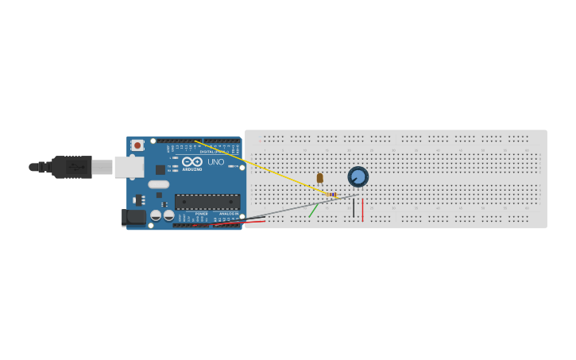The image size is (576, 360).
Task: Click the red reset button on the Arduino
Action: tap(137, 145)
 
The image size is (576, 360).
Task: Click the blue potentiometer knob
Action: tap(358, 176)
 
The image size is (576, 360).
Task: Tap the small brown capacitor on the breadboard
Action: tap(320, 178)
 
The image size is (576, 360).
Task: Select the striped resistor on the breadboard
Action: tap(332, 195)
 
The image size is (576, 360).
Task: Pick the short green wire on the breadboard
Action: tap(314, 210)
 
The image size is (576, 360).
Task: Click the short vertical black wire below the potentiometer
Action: tap(354, 208)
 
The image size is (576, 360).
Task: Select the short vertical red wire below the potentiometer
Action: tap(362, 210)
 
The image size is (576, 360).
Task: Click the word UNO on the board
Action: tap(216, 162)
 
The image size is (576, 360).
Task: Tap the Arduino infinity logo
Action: tap(192, 161)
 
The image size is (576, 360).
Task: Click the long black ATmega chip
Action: tap(207, 202)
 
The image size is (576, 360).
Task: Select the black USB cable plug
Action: tap(72, 167)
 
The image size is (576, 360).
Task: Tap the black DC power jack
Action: tap(133, 217)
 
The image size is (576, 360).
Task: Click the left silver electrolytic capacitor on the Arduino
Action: tap(156, 215)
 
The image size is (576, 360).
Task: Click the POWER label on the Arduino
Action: tap(201, 214)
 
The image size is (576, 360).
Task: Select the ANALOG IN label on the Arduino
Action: tap(229, 214)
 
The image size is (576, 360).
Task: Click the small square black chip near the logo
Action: tap(160, 169)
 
